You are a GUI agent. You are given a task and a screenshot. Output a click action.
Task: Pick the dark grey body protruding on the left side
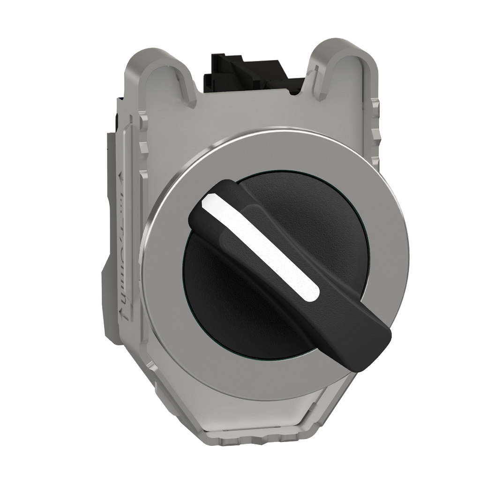pyautogui.click(x=110, y=234)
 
